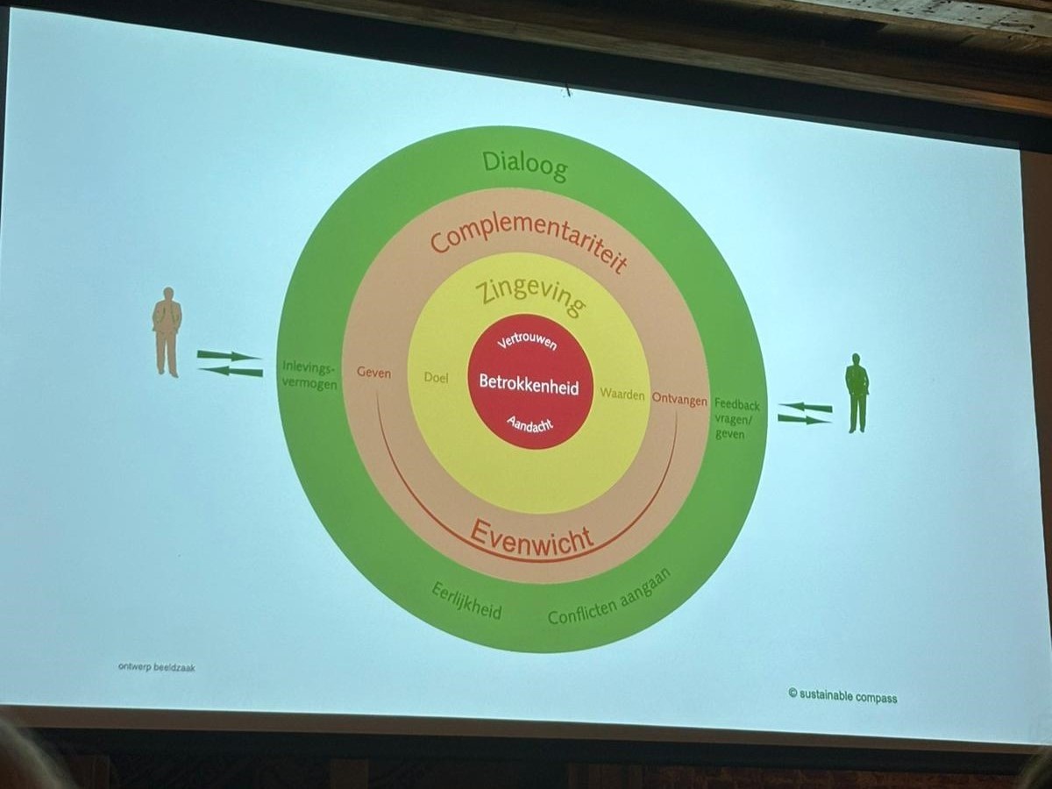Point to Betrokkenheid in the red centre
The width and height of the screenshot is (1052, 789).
(x=529, y=383)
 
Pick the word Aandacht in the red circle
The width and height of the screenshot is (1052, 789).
(x=530, y=423)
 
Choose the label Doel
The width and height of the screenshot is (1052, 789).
(x=436, y=378)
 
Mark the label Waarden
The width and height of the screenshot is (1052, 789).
(x=622, y=394)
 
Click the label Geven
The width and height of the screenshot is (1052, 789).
(x=373, y=373)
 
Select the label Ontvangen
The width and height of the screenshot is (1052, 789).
(x=679, y=400)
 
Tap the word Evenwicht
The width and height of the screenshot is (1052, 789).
(x=531, y=536)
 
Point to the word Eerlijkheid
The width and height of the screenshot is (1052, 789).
(x=466, y=601)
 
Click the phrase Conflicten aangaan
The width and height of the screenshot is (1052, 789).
(x=608, y=598)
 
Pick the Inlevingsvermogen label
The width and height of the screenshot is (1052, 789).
(x=309, y=374)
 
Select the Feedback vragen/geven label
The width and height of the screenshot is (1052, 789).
(x=736, y=419)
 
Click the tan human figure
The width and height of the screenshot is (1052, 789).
(x=167, y=331)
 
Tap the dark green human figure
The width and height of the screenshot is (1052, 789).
(x=857, y=392)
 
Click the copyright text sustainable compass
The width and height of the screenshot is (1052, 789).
(x=842, y=696)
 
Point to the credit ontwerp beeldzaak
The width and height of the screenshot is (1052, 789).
(x=156, y=667)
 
